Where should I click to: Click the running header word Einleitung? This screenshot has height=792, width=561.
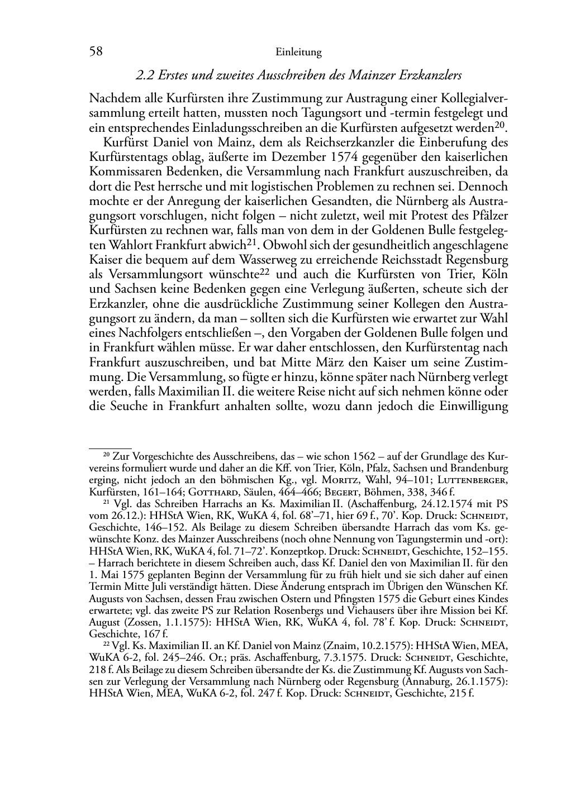coord(298,53)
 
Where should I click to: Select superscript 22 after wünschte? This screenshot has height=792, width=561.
coord(266,271)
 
